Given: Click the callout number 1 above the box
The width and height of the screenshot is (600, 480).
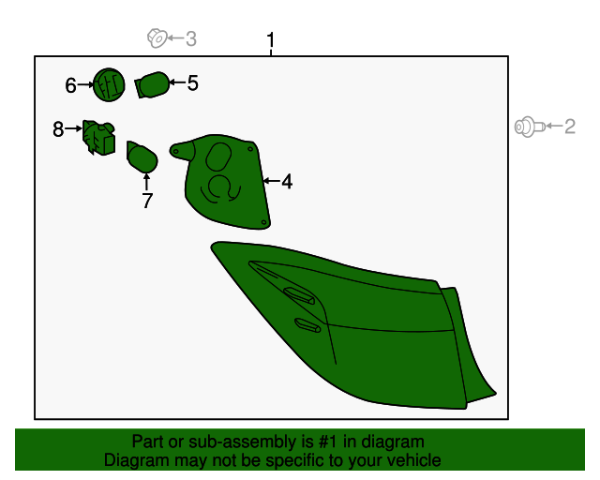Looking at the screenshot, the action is point(271,39).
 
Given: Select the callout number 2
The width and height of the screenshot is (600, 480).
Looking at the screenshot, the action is point(570,127).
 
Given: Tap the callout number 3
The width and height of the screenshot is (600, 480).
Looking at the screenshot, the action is point(191,38).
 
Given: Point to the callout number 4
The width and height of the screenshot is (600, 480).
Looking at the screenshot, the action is point(287,182).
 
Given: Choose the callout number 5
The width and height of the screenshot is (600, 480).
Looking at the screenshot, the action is point(192,83).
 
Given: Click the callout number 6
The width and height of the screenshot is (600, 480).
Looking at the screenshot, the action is point(70,85).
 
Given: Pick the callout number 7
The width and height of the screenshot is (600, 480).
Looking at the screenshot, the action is point(147,201).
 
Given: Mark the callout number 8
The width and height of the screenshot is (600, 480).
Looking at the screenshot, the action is point(58,129).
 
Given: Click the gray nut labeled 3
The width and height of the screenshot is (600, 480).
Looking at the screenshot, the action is point(157,37).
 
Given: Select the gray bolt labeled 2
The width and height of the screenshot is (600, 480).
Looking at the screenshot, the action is point(530,127).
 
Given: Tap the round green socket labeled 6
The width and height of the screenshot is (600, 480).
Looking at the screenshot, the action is point(109,85).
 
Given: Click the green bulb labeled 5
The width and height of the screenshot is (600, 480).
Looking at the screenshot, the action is point(152,84).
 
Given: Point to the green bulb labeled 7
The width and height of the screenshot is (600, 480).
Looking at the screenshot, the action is point(142,157).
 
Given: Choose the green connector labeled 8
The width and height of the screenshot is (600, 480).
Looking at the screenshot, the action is point(98,138).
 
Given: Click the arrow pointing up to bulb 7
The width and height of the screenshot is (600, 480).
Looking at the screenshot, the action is point(146,182).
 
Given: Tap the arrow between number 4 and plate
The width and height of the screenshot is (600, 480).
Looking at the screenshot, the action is point(272,181).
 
